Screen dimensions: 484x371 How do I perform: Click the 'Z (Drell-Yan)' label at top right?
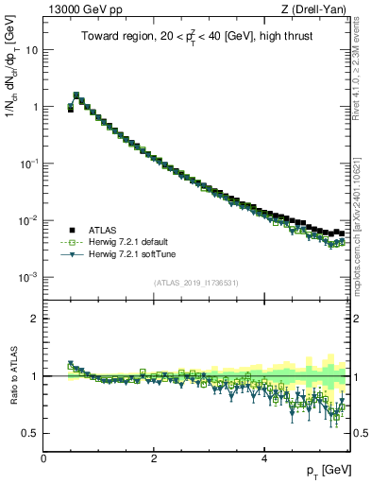point(318,9)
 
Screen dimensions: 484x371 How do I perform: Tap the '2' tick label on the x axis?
point(154,458)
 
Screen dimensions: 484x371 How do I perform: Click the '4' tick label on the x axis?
point(263,458)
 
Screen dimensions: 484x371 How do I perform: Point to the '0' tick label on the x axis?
point(44,458)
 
